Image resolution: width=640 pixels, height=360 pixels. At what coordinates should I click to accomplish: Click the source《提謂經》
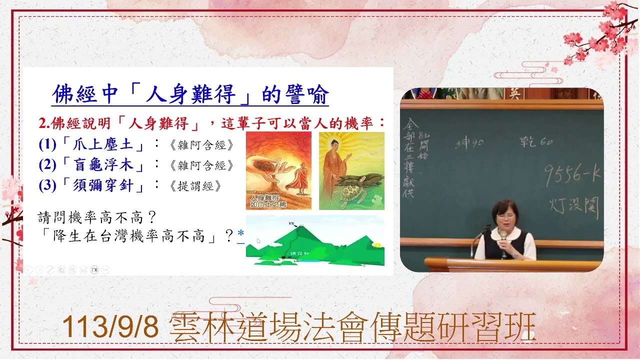195,186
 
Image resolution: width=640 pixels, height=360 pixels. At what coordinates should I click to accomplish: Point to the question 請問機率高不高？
98,217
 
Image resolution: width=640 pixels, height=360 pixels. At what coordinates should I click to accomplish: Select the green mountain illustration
315,242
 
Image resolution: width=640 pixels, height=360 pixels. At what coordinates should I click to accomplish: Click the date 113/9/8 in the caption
110,327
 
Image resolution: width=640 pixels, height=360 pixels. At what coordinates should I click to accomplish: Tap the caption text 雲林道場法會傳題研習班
352,327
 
